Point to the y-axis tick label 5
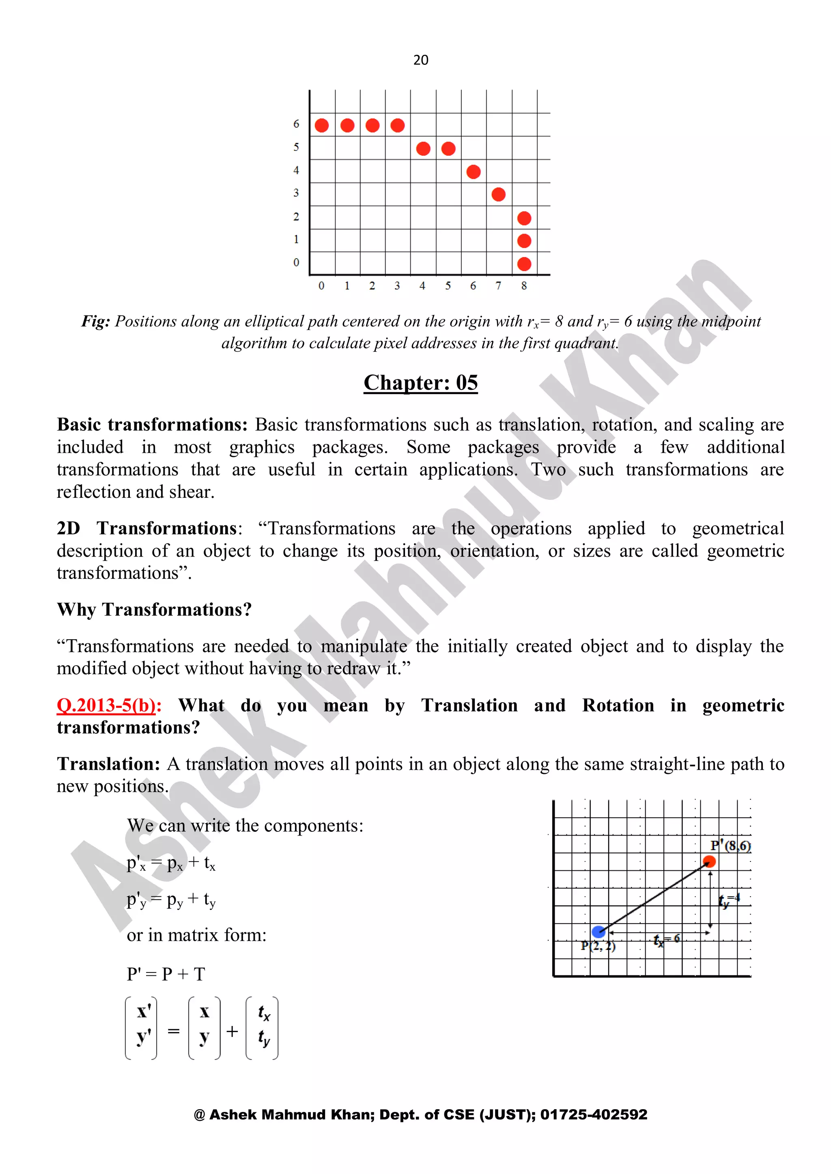coord(296,147)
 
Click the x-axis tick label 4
coord(422,286)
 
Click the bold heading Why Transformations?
coord(154,609)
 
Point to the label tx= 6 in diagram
coord(666,939)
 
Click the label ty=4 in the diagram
coord(729,900)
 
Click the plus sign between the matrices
coord(233,1031)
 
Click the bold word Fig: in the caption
coord(96,321)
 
